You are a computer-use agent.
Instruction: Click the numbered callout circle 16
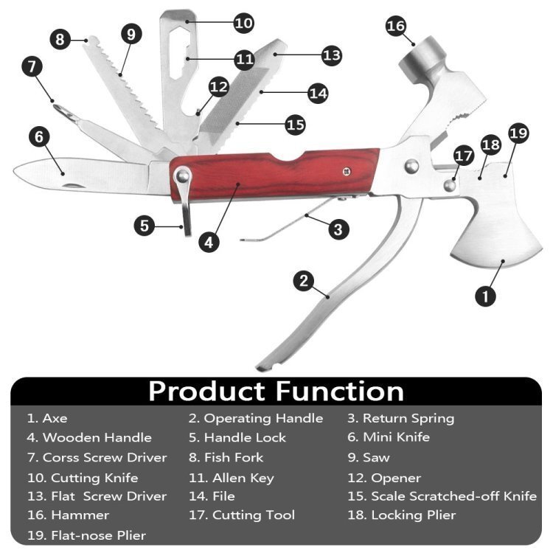396,26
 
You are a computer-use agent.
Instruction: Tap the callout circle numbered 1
485,296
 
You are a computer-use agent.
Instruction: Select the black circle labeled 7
32,66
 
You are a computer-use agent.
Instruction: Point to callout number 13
332,55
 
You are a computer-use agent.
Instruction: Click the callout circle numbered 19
518,133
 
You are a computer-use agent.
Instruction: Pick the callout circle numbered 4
209,243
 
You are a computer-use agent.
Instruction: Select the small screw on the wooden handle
347,171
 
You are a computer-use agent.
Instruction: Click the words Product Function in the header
276,391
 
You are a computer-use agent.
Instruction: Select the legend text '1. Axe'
47,418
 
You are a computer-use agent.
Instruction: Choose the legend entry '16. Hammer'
69,515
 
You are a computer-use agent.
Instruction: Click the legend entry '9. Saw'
369,458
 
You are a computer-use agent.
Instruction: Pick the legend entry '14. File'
212,496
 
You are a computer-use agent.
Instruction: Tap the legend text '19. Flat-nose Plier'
87,535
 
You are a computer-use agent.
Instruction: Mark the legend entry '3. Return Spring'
401,419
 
